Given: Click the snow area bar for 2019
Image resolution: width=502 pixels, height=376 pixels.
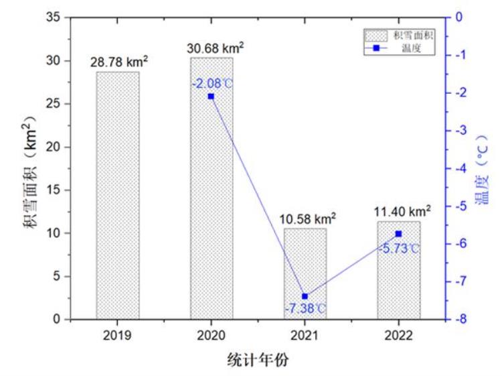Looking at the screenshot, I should [x=118, y=194].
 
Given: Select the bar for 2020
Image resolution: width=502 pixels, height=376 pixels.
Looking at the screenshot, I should [x=212, y=201].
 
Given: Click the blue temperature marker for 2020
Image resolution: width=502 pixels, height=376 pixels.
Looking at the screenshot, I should [x=211, y=97].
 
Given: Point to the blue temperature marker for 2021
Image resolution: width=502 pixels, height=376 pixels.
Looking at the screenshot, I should [x=305, y=296].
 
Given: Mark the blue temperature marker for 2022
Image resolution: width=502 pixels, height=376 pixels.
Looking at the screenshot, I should [x=398, y=234].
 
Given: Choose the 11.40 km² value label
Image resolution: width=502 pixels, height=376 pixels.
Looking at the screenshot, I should [x=402, y=211].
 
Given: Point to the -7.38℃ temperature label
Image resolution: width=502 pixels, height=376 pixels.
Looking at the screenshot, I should [x=305, y=308].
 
